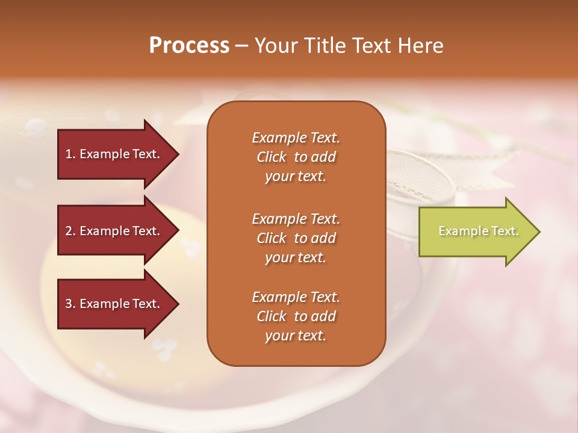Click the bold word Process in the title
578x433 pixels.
pyautogui.click(x=189, y=46)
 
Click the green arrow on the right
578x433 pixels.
pyautogui.click(x=476, y=232)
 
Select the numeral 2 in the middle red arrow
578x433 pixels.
pyautogui.click(x=69, y=231)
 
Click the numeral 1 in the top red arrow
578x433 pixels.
pyautogui.click(x=69, y=154)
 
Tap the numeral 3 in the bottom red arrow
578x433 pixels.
pyautogui.click(x=69, y=304)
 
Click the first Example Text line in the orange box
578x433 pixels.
pyautogui.click(x=296, y=138)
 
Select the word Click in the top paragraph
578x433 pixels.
pyautogui.click(x=272, y=157)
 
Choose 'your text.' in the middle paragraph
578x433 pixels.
pyautogui.click(x=296, y=257)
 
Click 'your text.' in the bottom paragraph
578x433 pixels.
pyautogui.click(x=296, y=336)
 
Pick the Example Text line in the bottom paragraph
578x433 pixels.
pyautogui.click(x=296, y=297)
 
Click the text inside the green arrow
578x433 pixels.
pyautogui.click(x=478, y=231)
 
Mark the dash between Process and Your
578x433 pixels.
pyautogui.click(x=241, y=46)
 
